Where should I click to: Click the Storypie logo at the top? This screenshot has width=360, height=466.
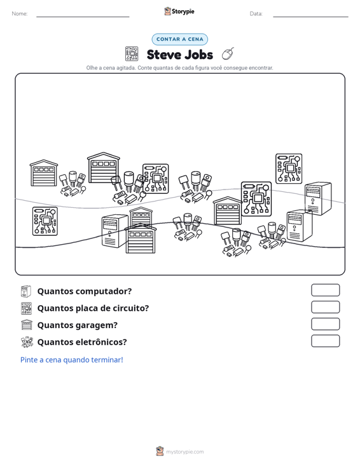coord(179,11)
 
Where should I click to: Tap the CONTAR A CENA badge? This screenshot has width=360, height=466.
coord(179,39)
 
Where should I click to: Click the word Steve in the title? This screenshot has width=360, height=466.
coord(163,55)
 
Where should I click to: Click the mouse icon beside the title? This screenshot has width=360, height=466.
coord(228,54)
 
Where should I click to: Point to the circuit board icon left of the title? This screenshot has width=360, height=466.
coord(132,54)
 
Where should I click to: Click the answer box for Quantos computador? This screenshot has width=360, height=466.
coord(325,290)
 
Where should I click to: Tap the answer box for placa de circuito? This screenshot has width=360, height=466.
coord(325,307)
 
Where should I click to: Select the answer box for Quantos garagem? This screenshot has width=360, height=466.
coord(325,324)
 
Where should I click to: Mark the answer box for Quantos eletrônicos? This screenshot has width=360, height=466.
coord(325,341)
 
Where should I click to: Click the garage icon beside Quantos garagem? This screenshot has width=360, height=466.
coord(27,325)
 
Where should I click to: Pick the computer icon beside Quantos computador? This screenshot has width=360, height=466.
coord(26,291)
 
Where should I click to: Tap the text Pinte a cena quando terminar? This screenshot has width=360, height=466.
coord(72,360)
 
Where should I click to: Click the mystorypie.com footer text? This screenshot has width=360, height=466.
coord(184,452)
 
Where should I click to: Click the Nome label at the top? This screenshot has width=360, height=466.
coord(20,14)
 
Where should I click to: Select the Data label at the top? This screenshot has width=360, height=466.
coord(256,14)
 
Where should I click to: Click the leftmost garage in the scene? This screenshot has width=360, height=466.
coord(44,173)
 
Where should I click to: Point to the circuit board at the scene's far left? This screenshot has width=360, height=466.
coord(45,221)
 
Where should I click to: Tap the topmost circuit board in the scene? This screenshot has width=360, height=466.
coord(289,168)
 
